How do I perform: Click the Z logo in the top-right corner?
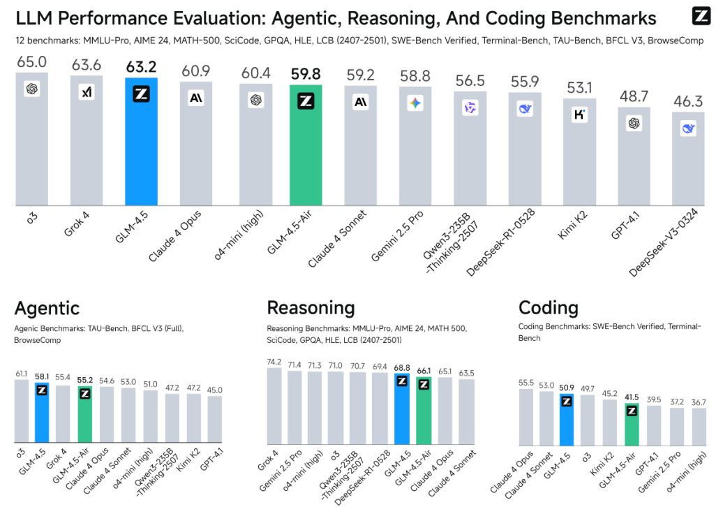click(701, 17)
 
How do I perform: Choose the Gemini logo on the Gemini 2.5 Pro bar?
click(415, 103)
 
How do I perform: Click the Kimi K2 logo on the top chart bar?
click(579, 115)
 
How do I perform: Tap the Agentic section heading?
click(47, 308)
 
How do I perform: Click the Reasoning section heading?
click(311, 308)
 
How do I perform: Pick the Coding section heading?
click(548, 308)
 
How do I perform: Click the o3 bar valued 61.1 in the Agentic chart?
click(22, 411)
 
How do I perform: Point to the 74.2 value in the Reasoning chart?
click(274, 362)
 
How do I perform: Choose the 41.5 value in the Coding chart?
click(632, 396)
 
